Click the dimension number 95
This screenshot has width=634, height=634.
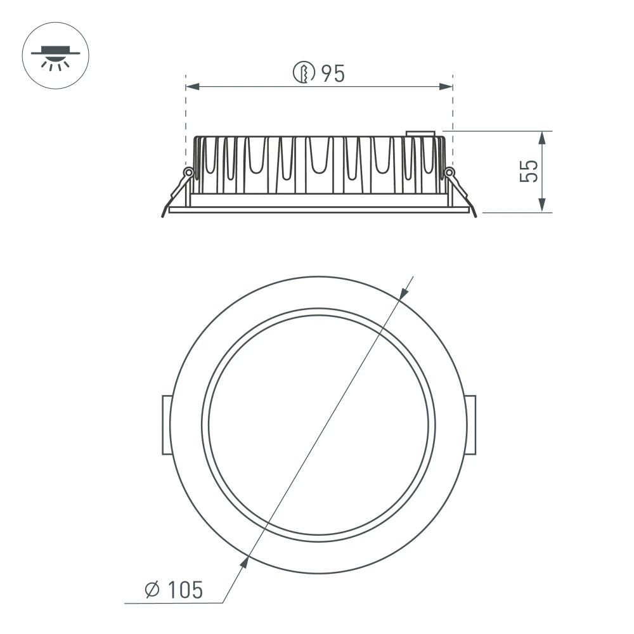click(332, 74)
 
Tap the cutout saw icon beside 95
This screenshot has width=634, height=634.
click(304, 74)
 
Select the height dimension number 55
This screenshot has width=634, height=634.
click(529, 171)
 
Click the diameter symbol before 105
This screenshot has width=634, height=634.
click(152, 591)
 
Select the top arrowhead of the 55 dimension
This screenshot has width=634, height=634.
click(542, 136)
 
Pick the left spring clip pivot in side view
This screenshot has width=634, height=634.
click(188, 172)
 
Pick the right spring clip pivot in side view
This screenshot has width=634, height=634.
click(450, 172)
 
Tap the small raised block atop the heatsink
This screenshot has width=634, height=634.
click(420, 134)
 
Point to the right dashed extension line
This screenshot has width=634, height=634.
click(453, 114)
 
